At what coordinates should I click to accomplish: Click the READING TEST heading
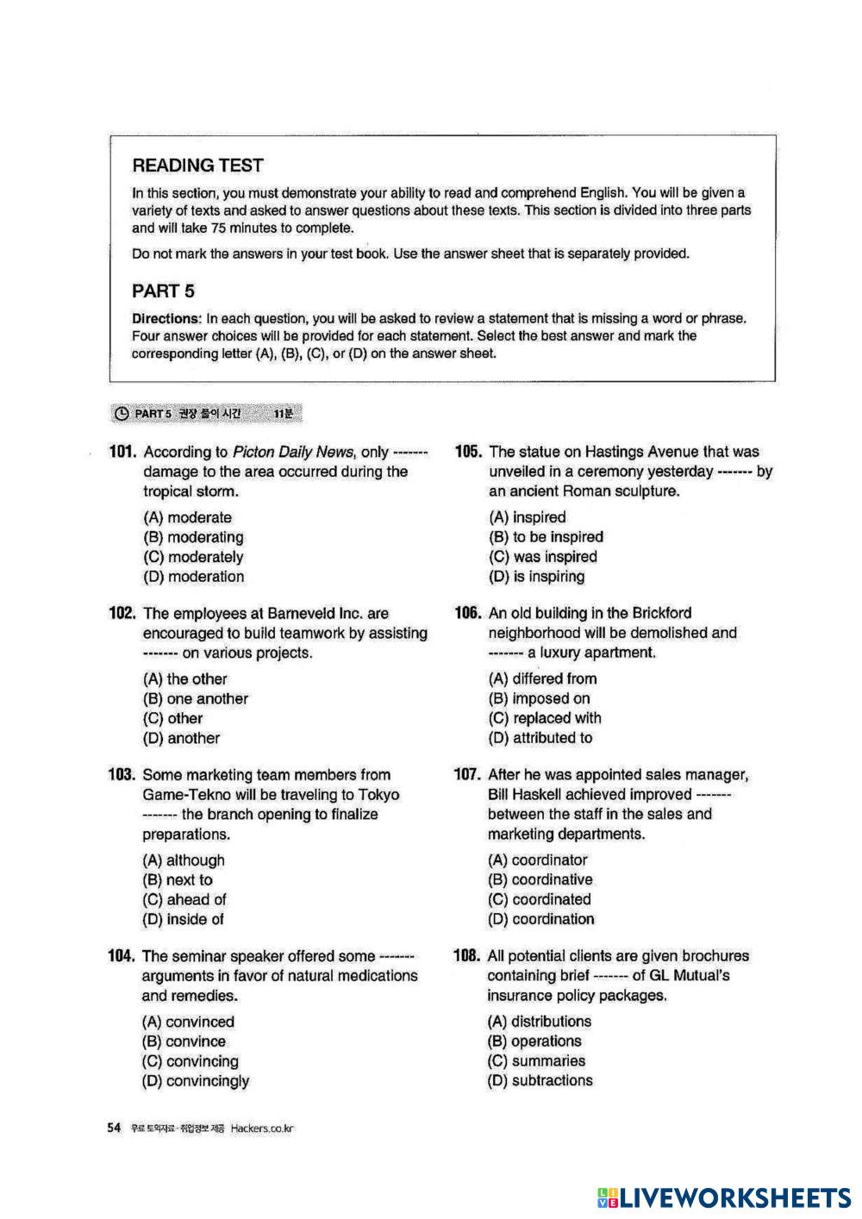click(x=197, y=166)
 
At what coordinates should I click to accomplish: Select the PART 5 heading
click(x=163, y=291)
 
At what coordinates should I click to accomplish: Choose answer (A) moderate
click(x=187, y=517)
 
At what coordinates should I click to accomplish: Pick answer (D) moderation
click(x=193, y=577)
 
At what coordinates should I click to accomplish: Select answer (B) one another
click(x=196, y=699)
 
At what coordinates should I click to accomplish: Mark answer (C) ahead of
click(x=184, y=900)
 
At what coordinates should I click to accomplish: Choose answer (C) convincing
click(x=191, y=1061)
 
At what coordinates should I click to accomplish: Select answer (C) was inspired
click(x=542, y=557)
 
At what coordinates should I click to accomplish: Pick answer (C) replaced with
click(x=545, y=718)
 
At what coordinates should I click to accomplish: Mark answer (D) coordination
click(x=540, y=919)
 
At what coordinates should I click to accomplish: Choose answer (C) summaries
click(x=536, y=1061)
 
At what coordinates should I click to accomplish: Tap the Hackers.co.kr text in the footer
click(x=262, y=1129)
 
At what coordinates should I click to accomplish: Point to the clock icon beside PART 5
click(x=122, y=414)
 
